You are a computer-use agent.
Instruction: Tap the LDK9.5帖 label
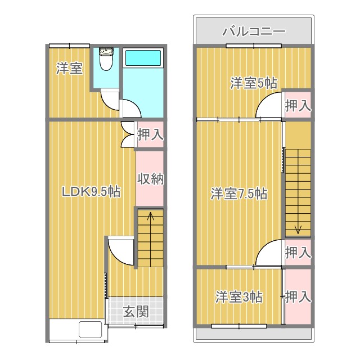tap(90, 192)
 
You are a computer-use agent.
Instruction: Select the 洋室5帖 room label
tap(253, 83)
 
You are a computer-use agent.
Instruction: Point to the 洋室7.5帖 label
tap(238, 194)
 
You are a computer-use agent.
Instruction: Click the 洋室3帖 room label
tap(238, 297)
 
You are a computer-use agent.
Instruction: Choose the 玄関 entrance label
tap(136, 311)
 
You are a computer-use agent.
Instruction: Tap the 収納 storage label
tap(150, 179)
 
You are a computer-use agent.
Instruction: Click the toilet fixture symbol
tap(106, 60)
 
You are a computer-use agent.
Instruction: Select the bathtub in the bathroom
tap(143, 58)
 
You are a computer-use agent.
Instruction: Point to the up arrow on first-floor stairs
tap(150, 215)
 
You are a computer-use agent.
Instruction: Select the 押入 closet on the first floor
tap(150, 135)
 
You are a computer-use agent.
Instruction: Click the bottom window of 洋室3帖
tap(238, 326)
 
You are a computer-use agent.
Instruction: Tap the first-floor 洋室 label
tap(70, 69)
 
